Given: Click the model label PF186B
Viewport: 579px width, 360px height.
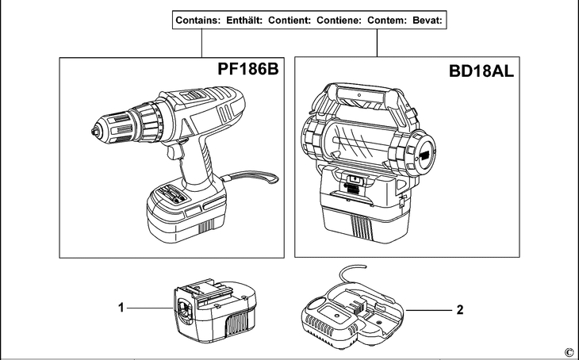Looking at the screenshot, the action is (x=247, y=69).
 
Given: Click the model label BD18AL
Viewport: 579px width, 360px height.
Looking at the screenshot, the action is (x=481, y=71).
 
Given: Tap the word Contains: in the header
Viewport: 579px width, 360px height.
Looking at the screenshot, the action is (x=198, y=21).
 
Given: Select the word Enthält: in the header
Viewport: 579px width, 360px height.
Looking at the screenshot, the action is (x=244, y=21).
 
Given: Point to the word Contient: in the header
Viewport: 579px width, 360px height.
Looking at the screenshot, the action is (x=289, y=21).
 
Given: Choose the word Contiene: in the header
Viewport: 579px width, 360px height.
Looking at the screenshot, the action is (x=339, y=21).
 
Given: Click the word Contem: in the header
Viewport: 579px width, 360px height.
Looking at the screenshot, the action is (x=387, y=21).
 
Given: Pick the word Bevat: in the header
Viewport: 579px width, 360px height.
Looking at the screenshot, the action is (x=428, y=21).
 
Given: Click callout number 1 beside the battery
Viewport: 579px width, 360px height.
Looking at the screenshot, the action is (x=121, y=307).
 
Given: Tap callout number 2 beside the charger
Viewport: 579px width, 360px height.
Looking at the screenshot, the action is (x=460, y=310).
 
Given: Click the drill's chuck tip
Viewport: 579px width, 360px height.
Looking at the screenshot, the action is (x=95, y=132).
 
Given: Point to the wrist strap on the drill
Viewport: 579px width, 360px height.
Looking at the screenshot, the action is (x=251, y=178).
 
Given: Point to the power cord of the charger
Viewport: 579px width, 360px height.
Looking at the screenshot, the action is (x=351, y=273).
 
